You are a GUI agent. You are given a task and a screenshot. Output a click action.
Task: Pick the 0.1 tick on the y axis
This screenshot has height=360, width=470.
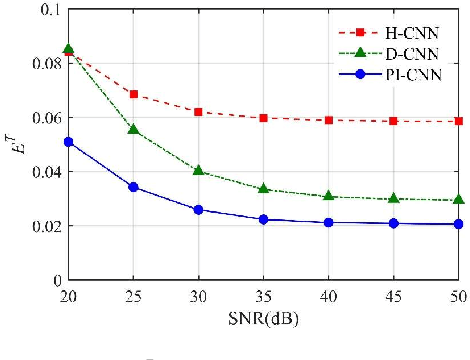click(x=47, y=10)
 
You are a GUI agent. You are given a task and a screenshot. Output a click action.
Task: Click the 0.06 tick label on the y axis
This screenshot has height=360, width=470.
click(x=43, y=118)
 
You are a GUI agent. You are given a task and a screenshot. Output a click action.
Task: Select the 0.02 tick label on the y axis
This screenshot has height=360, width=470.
click(x=43, y=226)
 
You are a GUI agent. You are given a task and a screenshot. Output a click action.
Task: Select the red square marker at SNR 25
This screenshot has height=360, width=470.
click(x=133, y=94)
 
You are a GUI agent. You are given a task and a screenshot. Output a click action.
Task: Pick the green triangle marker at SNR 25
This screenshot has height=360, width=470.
click(x=133, y=130)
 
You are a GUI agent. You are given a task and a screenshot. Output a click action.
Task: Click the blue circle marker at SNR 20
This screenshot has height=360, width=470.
click(x=68, y=142)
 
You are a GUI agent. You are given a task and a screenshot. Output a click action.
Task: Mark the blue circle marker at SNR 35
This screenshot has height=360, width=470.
click(x=263, y=219)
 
